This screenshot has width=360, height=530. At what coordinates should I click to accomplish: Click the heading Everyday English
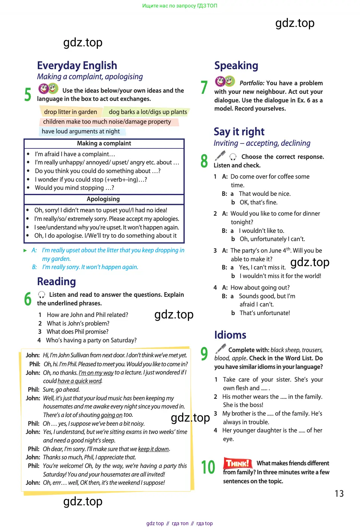click(x=77, y=65)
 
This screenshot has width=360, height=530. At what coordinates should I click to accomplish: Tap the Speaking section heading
click(x=236, y=65)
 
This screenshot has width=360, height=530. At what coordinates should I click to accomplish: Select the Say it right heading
click(x=239, y=132)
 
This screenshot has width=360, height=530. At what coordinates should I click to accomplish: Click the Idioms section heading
click(x=230, y=335)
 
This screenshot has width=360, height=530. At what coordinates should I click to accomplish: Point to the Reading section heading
click(x=56, y=281)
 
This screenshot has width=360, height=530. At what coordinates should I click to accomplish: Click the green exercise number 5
click(x=28, y=94)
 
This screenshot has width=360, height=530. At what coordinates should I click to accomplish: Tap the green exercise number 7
click(x=204, y=87)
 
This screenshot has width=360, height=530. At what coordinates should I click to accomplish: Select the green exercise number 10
click(x=208, y=467)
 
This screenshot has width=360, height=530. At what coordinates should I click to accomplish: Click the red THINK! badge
click(x=237, y=463)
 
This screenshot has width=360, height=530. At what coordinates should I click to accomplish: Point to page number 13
click(x=339, y=493)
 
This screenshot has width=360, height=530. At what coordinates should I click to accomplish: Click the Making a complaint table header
click(x=104, y=144)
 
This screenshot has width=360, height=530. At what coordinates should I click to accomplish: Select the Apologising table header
click(x=103, y=199)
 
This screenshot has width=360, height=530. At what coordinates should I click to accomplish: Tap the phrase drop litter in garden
click(x=70, y=112)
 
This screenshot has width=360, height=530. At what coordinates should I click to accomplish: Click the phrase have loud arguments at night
click(x=81, y=131)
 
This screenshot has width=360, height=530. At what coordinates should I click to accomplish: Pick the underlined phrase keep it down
click(x=153, y=449)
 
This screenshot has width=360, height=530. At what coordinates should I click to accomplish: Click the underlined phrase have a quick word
click(x=80, y=381)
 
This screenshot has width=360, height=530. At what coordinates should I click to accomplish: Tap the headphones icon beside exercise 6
click(x=41, y=295)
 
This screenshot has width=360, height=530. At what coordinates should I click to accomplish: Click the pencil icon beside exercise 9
click(x=221, y=349)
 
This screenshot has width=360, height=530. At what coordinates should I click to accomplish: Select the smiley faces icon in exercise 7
click(x=225, y=81)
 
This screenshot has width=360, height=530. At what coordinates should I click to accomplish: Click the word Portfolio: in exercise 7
click(x=252, y=83)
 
